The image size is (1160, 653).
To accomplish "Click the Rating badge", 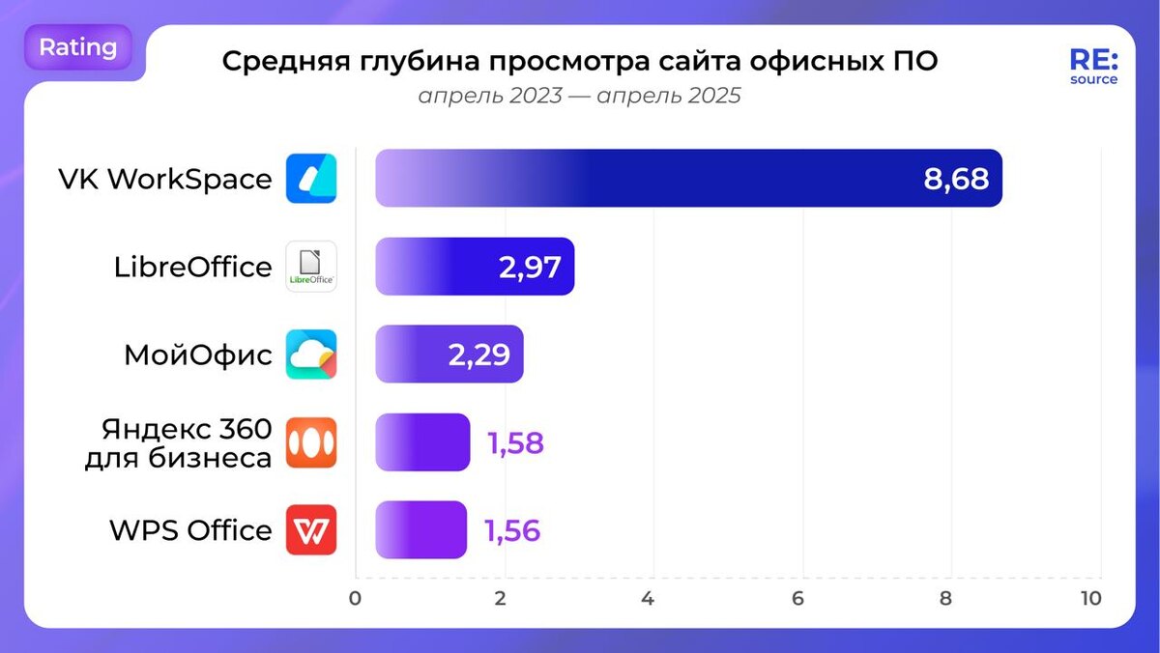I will [x=77, y=47].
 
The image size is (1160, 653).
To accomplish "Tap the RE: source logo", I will [x=1092, y=67].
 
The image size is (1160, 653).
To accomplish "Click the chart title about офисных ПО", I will [x=580, y=61].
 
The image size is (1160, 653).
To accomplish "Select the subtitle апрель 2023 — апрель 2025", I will [x=580, y=97].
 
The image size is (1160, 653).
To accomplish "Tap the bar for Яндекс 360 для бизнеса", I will [x=422, y=442].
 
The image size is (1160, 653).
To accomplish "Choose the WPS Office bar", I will [x=420, y=530].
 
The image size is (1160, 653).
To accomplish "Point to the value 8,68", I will [x=956, y=179].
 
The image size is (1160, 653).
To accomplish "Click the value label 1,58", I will [x=515, y=443].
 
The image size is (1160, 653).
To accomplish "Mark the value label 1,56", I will [x=512, y=531].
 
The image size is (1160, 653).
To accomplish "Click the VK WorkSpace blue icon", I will [x=311, y=179].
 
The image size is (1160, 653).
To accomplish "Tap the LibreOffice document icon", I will [x=311, y=267].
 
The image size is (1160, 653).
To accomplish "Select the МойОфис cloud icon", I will [x=311, y=355].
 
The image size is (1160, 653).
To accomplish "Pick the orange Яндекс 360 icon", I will [x=311, y=442].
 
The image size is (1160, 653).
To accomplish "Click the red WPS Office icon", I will [x=311, y=530].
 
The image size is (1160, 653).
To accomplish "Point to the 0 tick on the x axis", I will [x=356, y=599].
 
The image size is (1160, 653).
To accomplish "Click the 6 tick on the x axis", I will [x=797, y=599].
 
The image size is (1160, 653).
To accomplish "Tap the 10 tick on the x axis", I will [x=1090, y=599].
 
